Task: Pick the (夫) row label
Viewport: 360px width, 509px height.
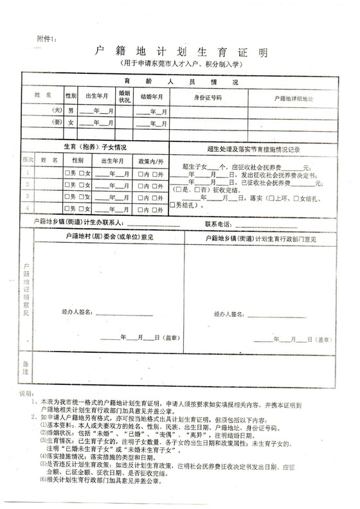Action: [x=57, y=111]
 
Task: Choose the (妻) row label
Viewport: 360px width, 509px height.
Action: [x=57, y=123]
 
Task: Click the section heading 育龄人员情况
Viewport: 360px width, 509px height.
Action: [x=181, y=83]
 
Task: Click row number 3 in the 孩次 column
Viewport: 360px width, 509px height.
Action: [x=28, y=195]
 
